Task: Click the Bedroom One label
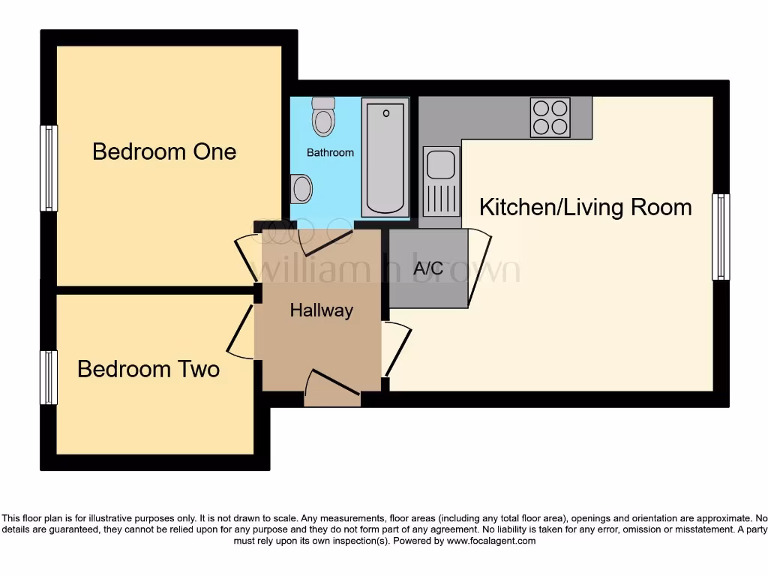pos(164,151)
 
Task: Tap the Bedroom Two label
pos(148,369)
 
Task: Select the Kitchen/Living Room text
pos(585,207)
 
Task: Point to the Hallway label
pos(321,310)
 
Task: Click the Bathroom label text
pos(330,152)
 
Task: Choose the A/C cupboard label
pos(428,268)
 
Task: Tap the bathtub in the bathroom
pos(386,157)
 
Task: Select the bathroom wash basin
pos(301,188)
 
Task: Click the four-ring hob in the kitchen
pos(550,118)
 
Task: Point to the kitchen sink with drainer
pos(440,181)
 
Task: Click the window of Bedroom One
pos(49,168)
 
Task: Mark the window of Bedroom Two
pos(49,377)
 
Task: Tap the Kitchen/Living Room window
pos(720,237)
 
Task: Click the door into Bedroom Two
pos(240,331)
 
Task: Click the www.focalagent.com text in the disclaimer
pos(490,541)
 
